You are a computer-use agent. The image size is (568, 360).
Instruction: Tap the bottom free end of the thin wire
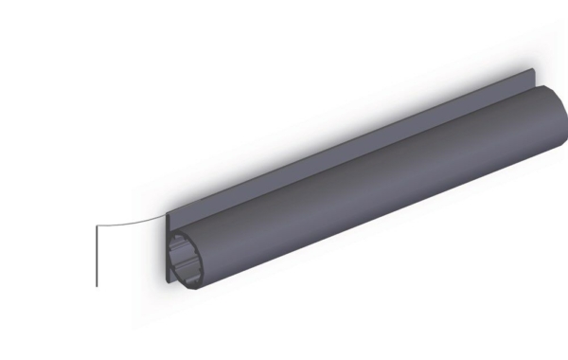pos(97,285)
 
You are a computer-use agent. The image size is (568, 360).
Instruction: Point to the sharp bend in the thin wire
pos(97,227)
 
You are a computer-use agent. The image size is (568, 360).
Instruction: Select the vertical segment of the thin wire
pos(97,256)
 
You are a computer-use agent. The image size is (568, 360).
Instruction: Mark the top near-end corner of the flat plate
pos(169,212)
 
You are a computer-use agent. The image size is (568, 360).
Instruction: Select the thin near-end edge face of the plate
pos(168,248)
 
